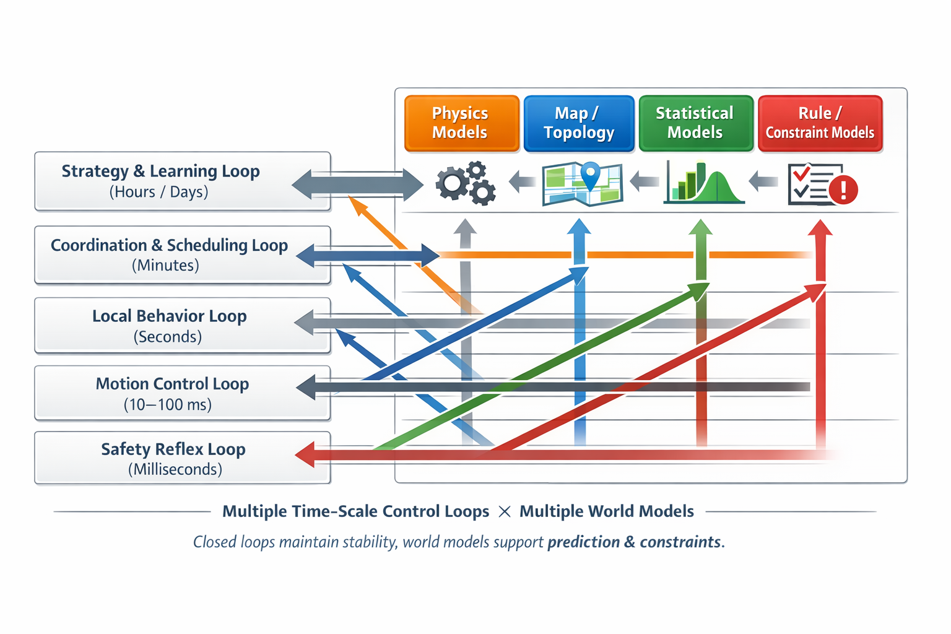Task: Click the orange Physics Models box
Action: click(461, 123)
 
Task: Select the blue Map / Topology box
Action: click(579, 123)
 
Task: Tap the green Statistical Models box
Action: click(695, 123)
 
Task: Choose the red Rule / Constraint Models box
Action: click(820, 123)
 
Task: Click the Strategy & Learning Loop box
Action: click(182, 181)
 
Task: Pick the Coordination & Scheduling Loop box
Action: click(182, 254)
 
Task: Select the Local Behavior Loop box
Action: click(182, 326)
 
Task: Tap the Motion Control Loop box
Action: click(182, 393)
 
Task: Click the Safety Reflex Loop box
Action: click(182, 458)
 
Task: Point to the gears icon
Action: click(466, 183)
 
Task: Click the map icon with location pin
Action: click(582, 184)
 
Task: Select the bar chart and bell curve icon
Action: click(703, 183)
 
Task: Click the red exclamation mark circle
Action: click(843, 189)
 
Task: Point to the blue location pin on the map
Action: click(591, 174)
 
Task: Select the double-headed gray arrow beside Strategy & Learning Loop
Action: click(357, 185)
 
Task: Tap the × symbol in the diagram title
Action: click(505, 512)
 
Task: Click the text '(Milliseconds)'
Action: click(175, 469)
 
